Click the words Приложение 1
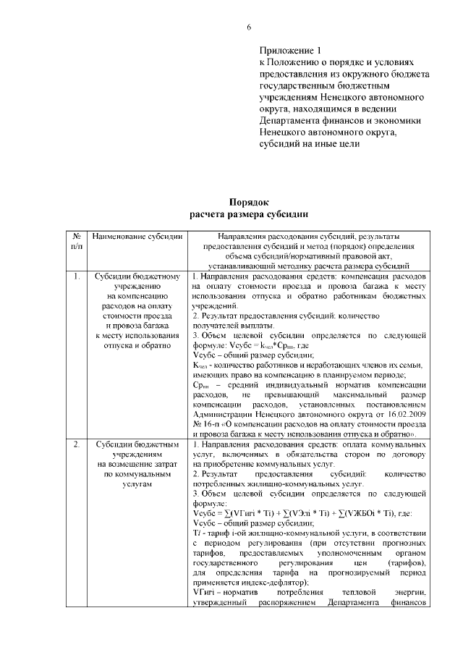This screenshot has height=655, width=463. click(289, 51)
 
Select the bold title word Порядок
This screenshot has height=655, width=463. click(248, 203)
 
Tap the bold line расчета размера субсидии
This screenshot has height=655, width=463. click(248, 214)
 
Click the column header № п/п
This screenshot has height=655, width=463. click(77, 241)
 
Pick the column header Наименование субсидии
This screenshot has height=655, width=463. click(137, 236)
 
